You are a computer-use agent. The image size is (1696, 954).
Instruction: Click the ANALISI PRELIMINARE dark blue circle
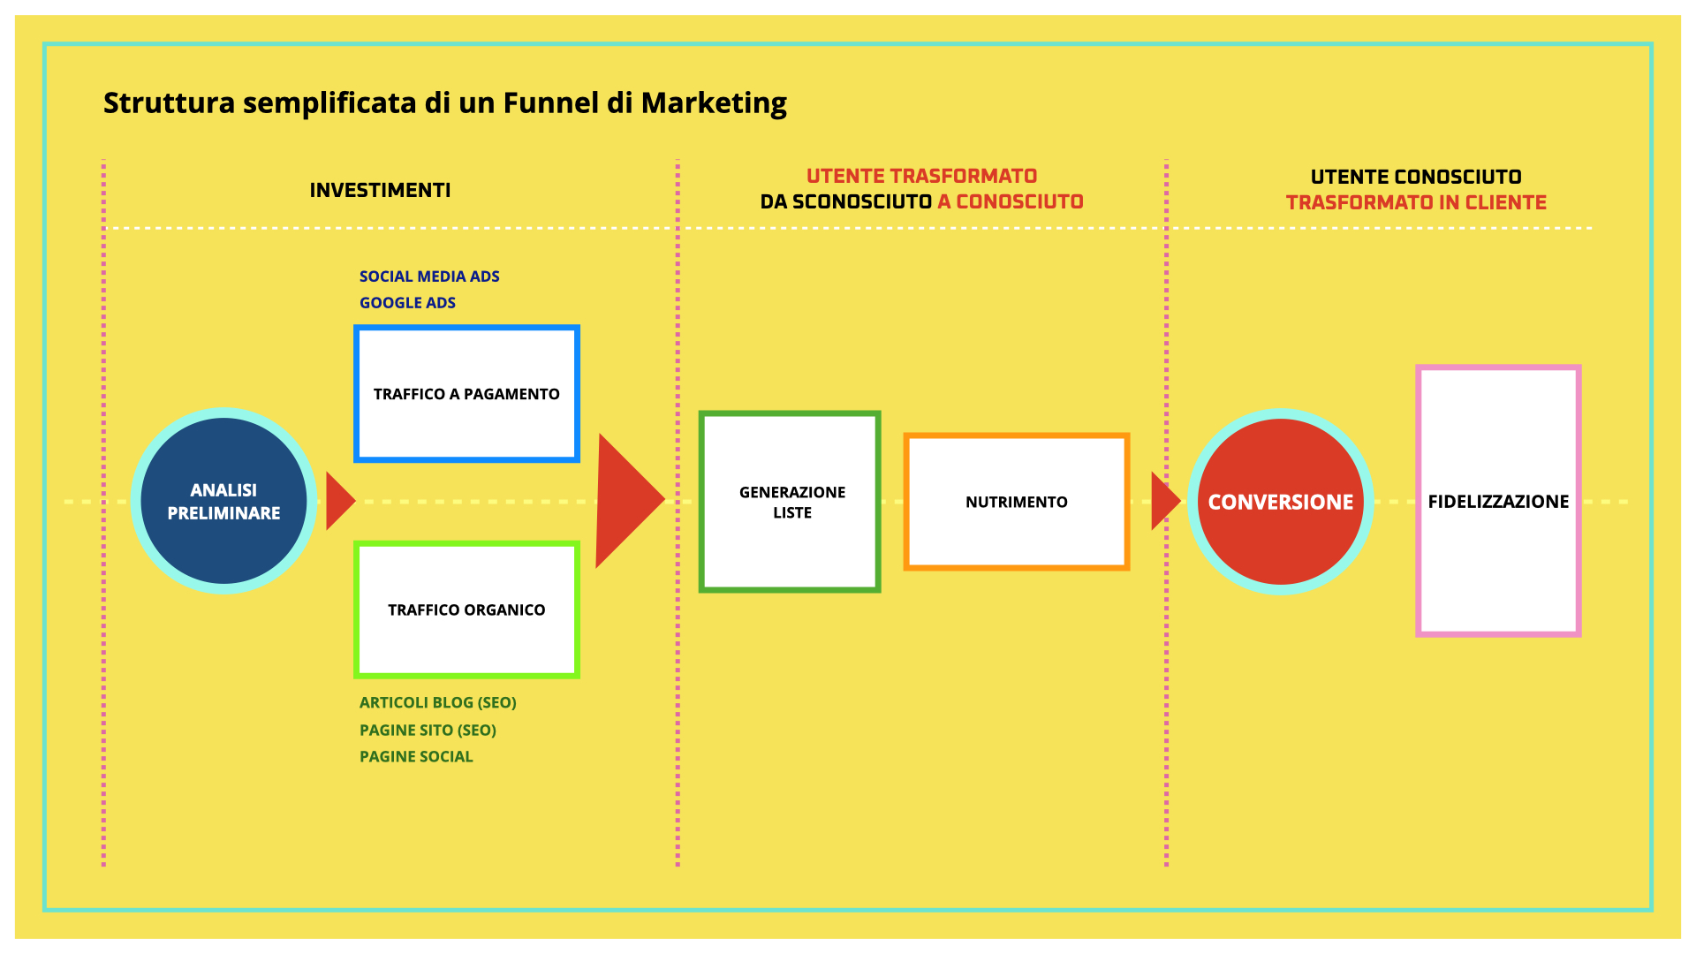[x=223, y=501]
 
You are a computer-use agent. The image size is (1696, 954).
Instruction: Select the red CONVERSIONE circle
[x=1280, y=501]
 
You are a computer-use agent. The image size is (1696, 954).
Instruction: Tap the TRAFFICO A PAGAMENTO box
[x=466, y=394]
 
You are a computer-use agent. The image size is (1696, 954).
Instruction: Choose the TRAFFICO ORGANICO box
[x=466, y=609]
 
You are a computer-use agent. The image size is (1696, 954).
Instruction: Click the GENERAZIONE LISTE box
[x=790, y=502]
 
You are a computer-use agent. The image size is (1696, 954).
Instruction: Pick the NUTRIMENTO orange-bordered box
[x=1017, y=502]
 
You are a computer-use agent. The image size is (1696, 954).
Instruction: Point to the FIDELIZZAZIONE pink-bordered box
[x=1498, y=501]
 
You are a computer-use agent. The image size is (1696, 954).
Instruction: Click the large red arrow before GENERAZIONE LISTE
[x=629, y=501]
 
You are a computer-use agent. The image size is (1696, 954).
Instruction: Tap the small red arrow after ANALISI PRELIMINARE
[x=340, y=501]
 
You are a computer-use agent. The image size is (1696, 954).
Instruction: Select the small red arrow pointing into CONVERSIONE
[x=1165, y=501]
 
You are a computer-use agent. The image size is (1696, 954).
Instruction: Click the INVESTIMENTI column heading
[x=380, y=190]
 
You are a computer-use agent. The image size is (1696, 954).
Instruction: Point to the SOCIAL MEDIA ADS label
[x=429, y=276]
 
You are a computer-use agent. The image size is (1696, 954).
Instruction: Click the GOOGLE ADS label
[x=407, y=303]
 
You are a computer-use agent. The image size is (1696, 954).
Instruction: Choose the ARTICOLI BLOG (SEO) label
[x=438, y=703]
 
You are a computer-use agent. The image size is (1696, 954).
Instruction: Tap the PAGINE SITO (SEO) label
[x=428, y=731]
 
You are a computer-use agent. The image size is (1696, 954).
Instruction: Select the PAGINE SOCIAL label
[x=416, y=757]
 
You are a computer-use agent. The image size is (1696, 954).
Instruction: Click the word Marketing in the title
[x=714, y=104]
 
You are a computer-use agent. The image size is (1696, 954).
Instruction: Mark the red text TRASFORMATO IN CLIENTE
[x=1416, y=202]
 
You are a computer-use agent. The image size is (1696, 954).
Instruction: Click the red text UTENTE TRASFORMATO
[x=921, y=176]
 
